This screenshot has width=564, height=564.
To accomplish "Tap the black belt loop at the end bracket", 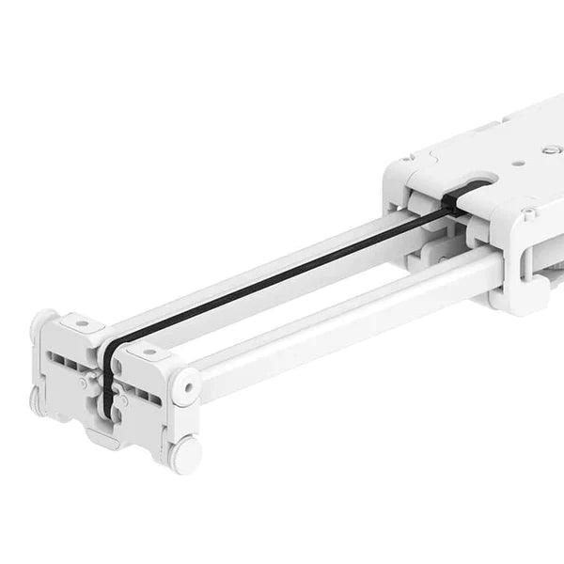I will point(109,376).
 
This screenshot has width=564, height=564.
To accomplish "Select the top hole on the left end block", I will point(83,324).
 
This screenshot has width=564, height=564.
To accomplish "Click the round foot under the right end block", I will point(184,454).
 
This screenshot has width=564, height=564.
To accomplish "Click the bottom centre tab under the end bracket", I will point(105,437).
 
